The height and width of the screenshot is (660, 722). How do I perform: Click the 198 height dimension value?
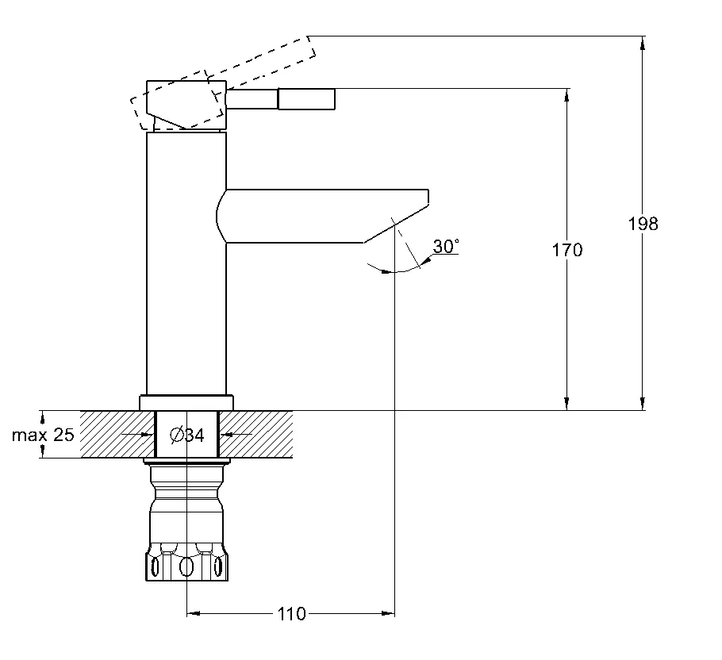pyautogui.click(x=643, y=224)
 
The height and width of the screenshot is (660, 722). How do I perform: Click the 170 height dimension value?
pyautogui.click(x=567, y=250)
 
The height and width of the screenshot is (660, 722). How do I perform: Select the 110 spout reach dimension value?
pyautogui.click(x=291, y=614)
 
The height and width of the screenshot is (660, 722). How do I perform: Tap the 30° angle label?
pyautogui.click(x=446, y=247)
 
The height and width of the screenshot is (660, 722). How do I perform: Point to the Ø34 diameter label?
pyautogui.click(x=187, y=434)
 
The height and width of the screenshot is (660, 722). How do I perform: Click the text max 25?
pyautogui.click(x=43, y=435)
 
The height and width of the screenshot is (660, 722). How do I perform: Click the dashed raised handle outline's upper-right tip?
pyautogui.click(x=311, y=46)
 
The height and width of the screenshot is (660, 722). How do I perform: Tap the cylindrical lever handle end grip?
pyautogui.click(x=305, y=99)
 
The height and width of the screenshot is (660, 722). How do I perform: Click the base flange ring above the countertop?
pyautogui.click(x=187, y=402)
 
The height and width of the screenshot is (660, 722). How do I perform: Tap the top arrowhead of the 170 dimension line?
pyautogui.click(x=567, y=94)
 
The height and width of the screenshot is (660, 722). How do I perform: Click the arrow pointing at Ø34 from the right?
pyautogui.click(x=225, y=434)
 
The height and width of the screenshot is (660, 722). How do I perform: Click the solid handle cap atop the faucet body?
pyautogui.click(x=186, y=103)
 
